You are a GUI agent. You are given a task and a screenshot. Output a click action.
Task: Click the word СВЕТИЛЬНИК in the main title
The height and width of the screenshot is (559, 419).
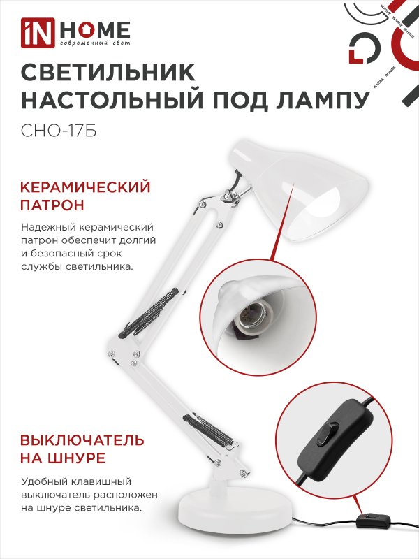coord(109,73)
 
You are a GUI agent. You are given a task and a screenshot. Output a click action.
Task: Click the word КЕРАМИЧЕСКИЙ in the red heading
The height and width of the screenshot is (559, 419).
coord(86,187)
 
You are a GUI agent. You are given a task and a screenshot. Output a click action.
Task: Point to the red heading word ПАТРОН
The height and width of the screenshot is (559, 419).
coord(53,206)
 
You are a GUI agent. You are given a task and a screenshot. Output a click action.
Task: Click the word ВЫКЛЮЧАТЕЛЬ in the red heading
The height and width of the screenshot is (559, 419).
coord(82,440)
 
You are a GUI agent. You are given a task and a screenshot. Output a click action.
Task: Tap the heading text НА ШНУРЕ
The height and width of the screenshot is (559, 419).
coord(63,459)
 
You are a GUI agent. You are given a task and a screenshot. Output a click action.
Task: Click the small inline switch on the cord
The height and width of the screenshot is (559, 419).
coord(370,520)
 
